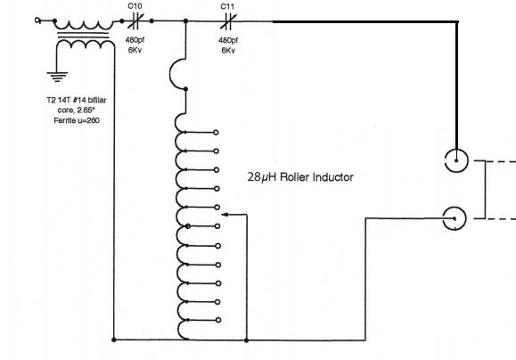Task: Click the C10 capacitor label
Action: point(135,6)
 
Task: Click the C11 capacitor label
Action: point(227,6)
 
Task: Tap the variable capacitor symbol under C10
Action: point(135,21)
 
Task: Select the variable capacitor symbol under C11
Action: point(228,21)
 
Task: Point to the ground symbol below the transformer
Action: point(57,77)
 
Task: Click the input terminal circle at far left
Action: point(37,20)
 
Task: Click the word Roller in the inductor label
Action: point(295,177)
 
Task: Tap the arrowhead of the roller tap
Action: point(225,215)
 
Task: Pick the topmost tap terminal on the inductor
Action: point(216,133)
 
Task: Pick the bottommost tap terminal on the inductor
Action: point(217,320)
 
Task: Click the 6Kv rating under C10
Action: point(135,50)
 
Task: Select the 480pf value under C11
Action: point(228,40)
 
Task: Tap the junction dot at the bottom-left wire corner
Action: point(114,340)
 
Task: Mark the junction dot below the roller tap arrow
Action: point(247,340)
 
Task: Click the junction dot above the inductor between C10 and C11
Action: point(185,21)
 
